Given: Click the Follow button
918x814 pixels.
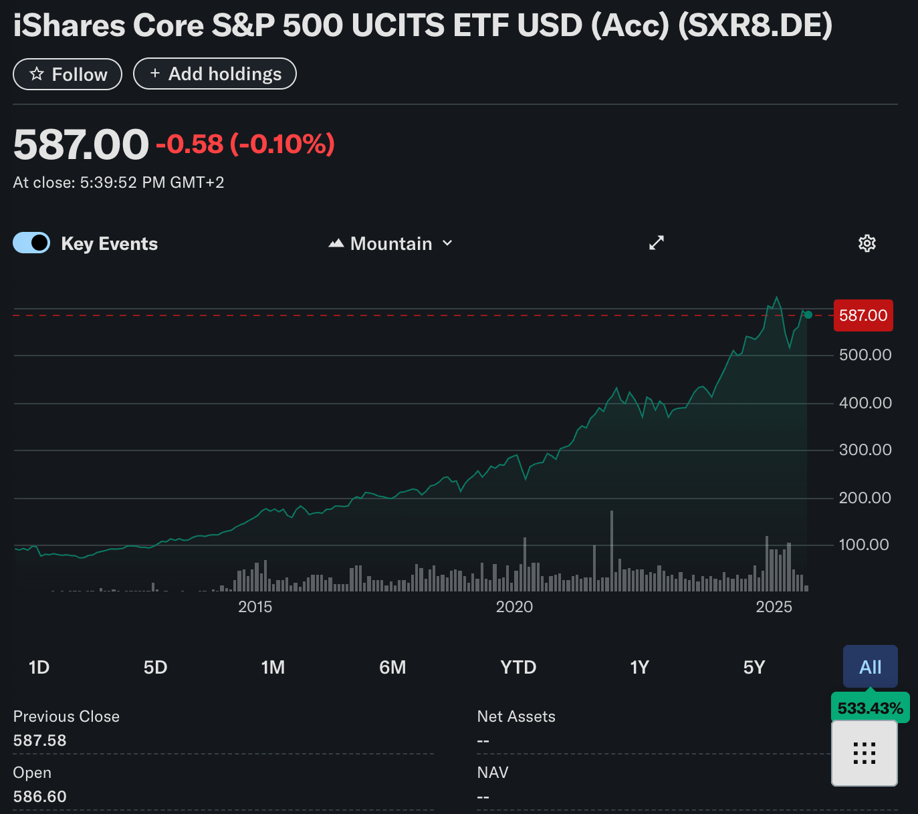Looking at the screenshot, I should [x=68, y=74].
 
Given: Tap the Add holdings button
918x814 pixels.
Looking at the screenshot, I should [x=215, y=74].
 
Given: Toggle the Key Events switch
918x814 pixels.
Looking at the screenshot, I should [x=31, y=243].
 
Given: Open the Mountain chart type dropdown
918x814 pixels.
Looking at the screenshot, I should [x=391, y=243].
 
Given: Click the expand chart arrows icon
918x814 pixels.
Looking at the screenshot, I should [x=657, y=243].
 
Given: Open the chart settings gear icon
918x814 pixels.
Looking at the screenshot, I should [x=867, y=243].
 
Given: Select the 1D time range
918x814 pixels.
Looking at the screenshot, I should [x=39, y=667].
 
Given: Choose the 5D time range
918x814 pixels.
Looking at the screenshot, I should [x=155, y=667].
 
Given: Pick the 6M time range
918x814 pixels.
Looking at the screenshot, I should [x=392, y=667].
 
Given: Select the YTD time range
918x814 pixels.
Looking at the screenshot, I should [x=518, y=667].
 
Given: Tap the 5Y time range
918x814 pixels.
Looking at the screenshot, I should [x=754, y=667].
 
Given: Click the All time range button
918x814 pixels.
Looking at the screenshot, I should [x=870, y=666].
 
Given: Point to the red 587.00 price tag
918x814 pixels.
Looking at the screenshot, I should [x=863, y=315].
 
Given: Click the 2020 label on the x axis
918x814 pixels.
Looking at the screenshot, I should [x=514, y=607].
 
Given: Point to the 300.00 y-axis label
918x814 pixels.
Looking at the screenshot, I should [x=865, y=450].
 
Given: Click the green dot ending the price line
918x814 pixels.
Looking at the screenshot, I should [x=808, y=315].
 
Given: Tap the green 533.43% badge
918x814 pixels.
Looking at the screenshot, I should [x=870, y=708].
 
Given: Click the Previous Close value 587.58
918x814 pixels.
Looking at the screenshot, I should [x=40, y=740].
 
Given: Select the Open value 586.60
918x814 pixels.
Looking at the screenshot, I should [x=40, y=797].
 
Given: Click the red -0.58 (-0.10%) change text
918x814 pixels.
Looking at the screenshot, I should [x=245, y=144].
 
